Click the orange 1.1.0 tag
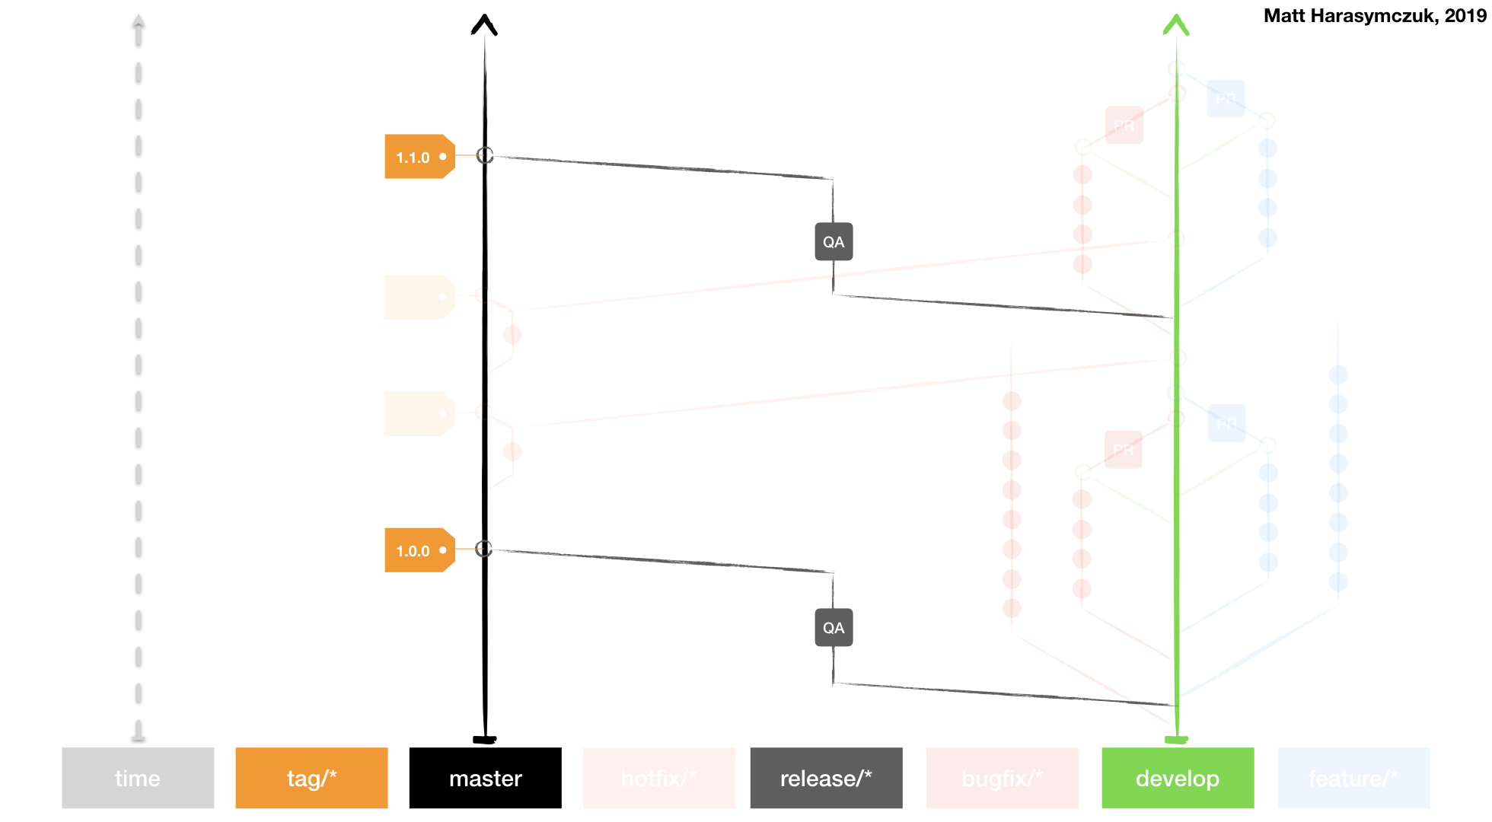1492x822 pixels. pos(415,157)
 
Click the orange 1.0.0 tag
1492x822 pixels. pos(415,550)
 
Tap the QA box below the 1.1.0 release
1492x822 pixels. pos(834,242)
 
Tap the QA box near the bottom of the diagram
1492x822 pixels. pos(834,628)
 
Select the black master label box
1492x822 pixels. pos(485,778)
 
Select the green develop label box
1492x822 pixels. pos(1178,778)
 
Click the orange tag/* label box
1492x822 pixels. pos(311,778)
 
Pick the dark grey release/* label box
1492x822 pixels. pos(826,778)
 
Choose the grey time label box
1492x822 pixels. pos(138,778)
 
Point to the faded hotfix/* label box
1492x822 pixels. pos(658,778)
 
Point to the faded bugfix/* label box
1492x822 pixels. pos(1002,778)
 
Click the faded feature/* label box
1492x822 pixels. pos(1353,778)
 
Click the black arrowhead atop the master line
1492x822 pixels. pos(484,24)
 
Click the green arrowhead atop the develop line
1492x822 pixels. pos(1176,24)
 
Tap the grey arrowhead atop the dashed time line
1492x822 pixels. pos(138,21)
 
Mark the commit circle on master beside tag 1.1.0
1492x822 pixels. pos(485,155)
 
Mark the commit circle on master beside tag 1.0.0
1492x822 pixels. pos(484,549)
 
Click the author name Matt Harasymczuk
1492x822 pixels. pos(1347,16)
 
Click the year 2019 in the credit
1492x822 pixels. pos(1465,16)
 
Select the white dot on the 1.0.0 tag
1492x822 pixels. pos(442,550)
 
